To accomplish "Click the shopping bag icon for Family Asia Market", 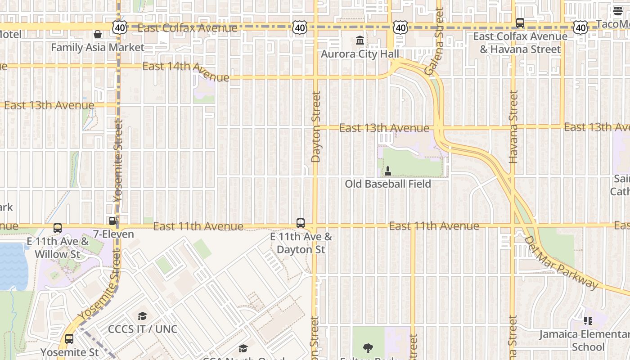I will tap(98, 34).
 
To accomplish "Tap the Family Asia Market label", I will tap(98, 47).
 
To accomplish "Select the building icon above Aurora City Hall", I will tap(360, 40).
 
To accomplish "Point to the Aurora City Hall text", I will tap(360, 54).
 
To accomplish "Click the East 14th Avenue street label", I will tap(185, 71).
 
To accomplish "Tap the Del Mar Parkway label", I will tap(562, 263).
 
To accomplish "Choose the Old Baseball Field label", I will tap(388, 184).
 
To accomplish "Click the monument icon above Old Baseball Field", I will tap(388, 171).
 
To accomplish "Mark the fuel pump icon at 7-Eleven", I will tap(113, 221).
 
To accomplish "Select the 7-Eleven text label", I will tap(113, 234).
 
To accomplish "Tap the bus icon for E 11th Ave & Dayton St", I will tap(301, 223).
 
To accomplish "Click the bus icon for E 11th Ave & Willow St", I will tap(58, 228).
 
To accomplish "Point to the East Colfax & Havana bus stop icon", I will tap(520, 22).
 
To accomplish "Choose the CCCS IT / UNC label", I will tap(143, 329).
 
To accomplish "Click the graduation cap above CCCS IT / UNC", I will tap(143, 316).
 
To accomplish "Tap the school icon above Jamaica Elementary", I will tap(588, 321).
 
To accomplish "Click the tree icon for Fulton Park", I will tap(368, 347).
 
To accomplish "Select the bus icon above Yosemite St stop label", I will tap(69, 339).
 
